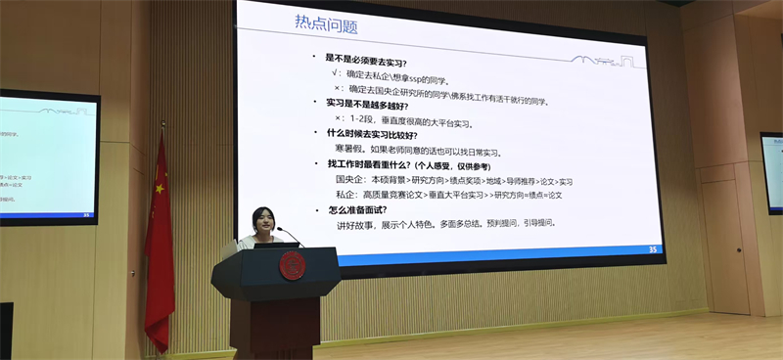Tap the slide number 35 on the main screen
tap(652, 249)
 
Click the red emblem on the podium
tap(293, 265)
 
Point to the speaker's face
tap(261, 220)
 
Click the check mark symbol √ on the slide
tap(336, 72)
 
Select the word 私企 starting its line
tap(345, 195)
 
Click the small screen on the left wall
tap(48, 157)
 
